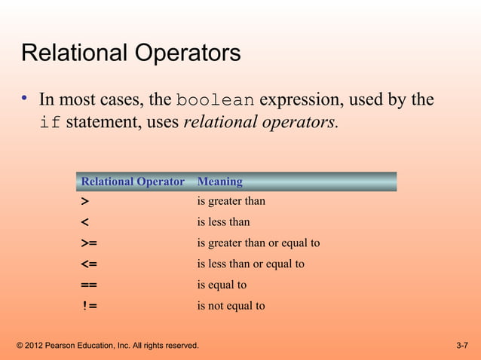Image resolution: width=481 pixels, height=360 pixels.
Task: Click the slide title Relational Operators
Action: tap(131, 54)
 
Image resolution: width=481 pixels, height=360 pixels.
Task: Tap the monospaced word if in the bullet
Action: tap(50, 124)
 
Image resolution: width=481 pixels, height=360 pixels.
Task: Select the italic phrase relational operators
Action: tap(260, 123)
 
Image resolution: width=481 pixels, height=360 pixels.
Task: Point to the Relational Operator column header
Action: tap(133, 182)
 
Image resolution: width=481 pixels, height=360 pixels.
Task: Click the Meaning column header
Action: tap(219, 182)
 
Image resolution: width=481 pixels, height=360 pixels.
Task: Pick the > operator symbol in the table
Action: tap(84, 202)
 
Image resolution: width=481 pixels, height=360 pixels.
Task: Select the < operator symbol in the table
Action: tap(84, 223)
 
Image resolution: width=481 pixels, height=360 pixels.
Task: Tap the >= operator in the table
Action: tap(88, 243)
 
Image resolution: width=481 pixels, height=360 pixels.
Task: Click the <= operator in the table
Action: tap(88, 264)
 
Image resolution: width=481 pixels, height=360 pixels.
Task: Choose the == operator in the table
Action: tap(88, 285)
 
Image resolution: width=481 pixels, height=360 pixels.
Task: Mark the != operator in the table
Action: tap(89, 307)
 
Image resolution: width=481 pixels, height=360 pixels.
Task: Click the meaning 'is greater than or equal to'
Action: tap(258, 243)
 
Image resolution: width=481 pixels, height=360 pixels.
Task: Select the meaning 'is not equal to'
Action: tap(231, 307)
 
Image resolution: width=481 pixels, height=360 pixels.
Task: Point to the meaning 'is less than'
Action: tap(223, 222)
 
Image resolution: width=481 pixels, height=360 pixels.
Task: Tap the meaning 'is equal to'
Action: tap(222, 285)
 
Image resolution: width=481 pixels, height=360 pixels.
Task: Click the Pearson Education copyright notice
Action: tap(107, 346)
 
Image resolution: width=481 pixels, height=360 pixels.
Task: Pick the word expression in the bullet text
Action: tap(314, 100)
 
